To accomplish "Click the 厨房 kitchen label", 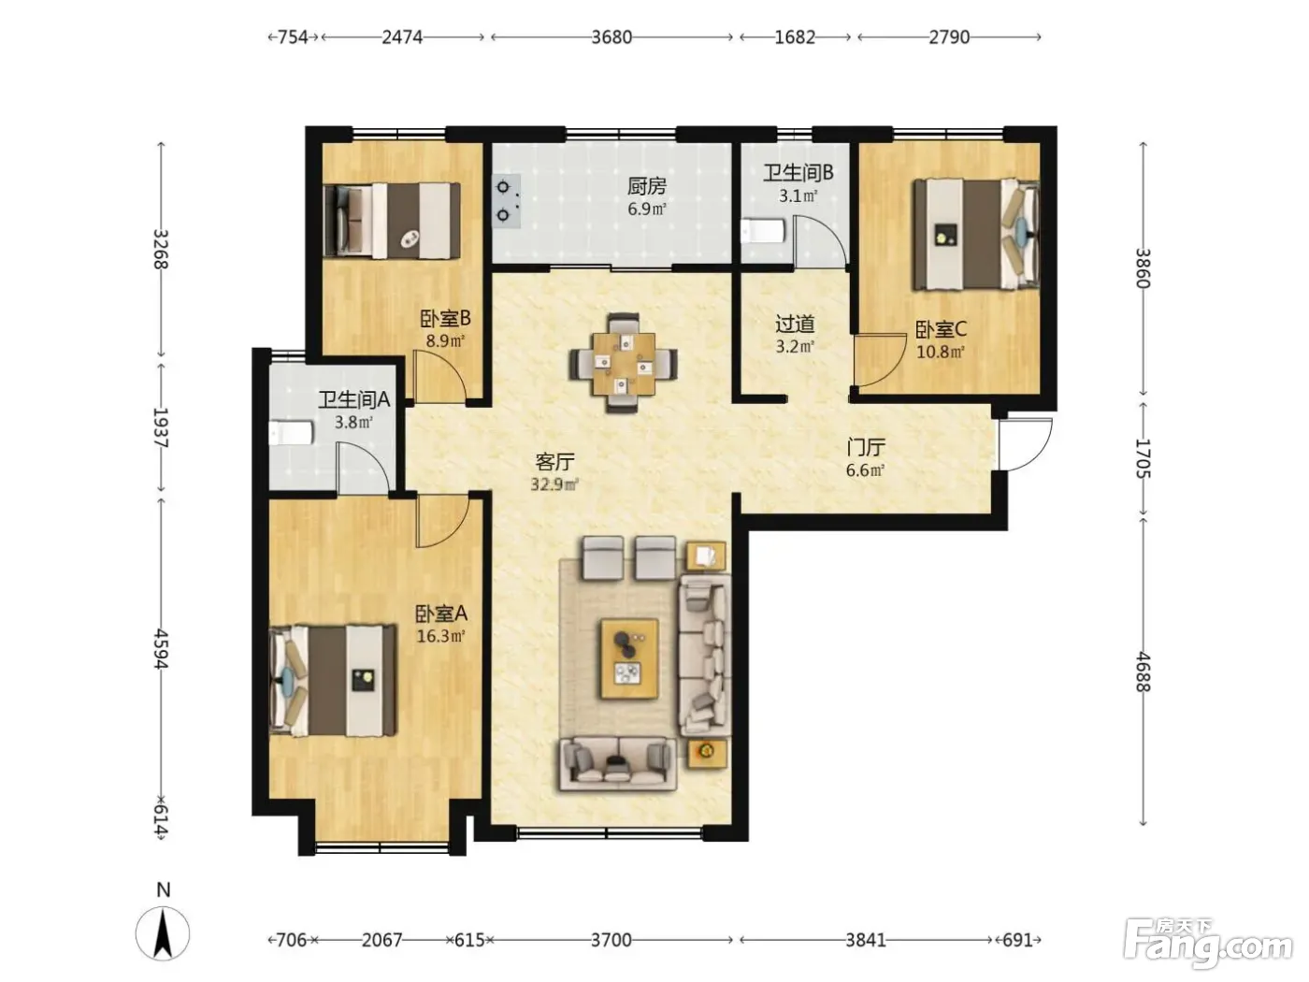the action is [x=646, y=187].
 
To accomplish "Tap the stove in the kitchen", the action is [x=506, y=201].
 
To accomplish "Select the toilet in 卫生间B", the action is [x=761, y=231].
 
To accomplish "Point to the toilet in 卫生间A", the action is [x=291, y=433].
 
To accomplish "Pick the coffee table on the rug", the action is [x=629, y=658].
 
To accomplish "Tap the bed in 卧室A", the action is [x=333, y=680].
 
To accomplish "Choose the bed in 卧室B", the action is [x=392, y=221].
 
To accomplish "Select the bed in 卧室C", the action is [x=976, y=235].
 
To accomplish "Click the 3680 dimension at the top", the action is [x=611, y=37].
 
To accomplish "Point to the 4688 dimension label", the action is [x=1142, y=672].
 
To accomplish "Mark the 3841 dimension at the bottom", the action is [x=865, y=940].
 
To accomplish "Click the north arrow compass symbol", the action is [x=162, y=933].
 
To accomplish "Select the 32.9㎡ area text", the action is [x=554, y=484].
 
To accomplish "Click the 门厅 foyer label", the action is [x=866, y=447].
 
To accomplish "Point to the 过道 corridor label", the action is [x=795, y=325].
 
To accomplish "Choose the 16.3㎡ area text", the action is [x=440, y=636].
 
